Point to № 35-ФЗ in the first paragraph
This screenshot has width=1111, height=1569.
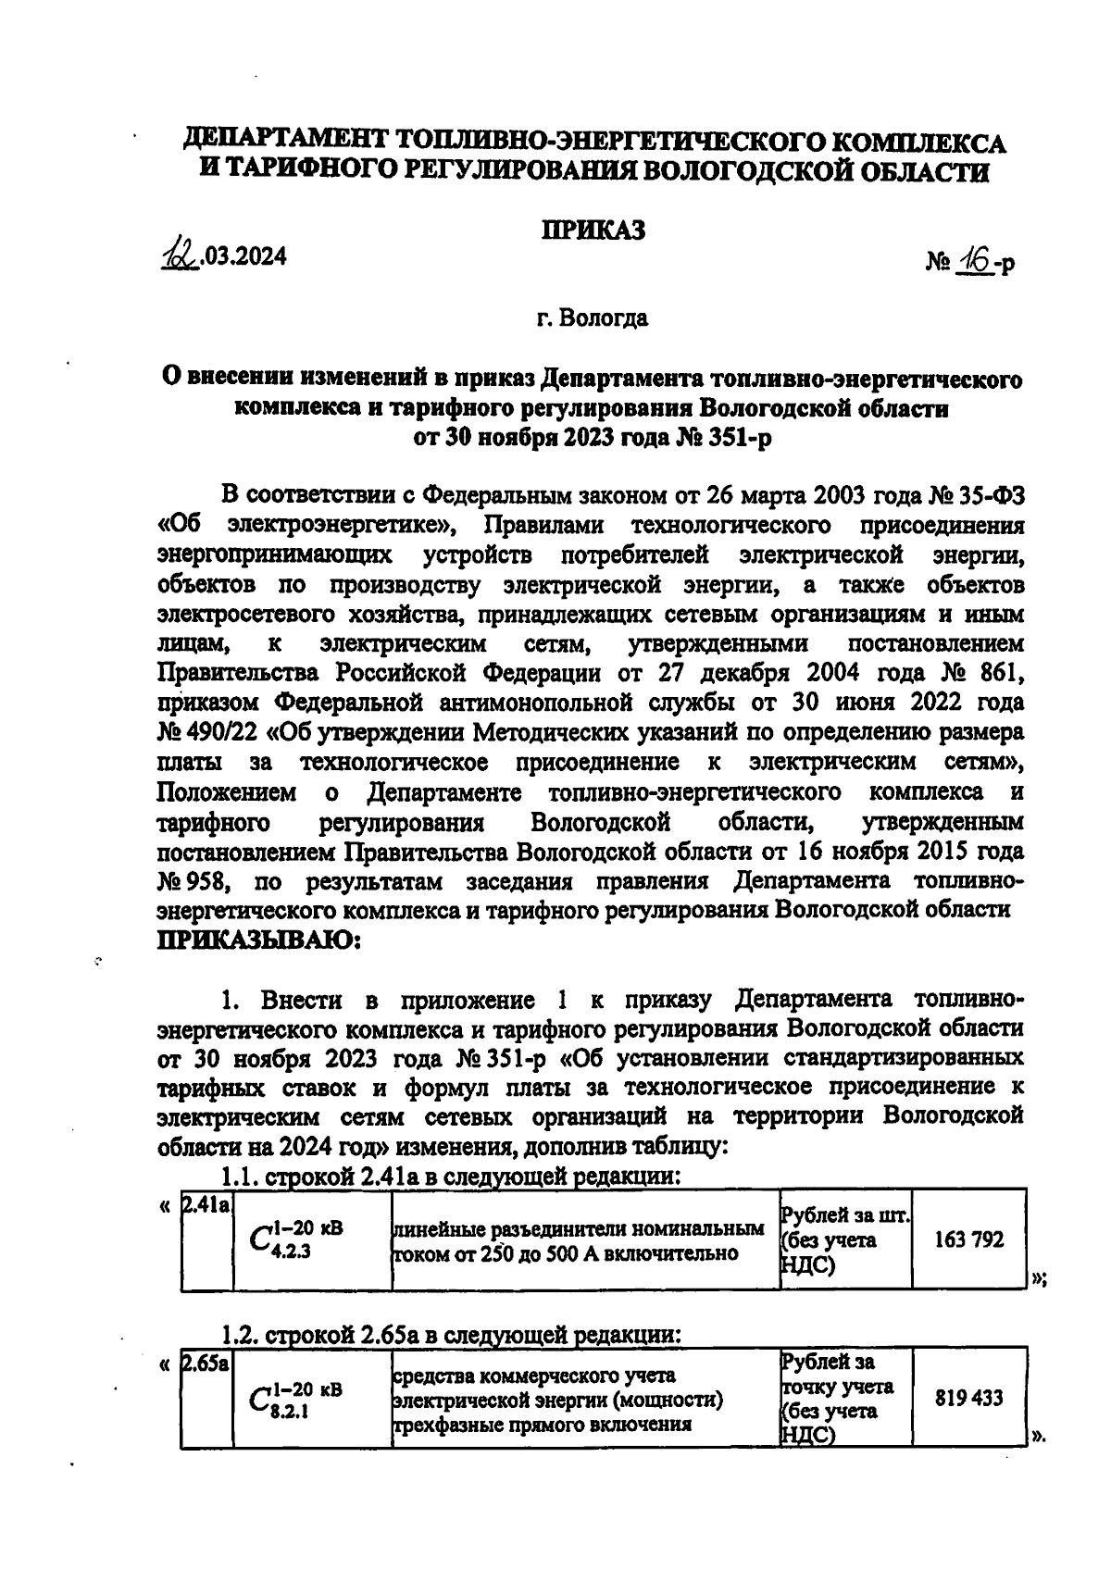click(976, 495)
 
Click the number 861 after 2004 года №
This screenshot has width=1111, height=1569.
click(996, 673)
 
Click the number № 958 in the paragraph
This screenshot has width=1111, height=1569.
click(192, 880)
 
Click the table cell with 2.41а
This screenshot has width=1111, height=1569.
click(206, 1205)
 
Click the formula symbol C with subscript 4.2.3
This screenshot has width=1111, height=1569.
click(296, 1239)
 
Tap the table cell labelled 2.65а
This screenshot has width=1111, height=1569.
click(206, 1364)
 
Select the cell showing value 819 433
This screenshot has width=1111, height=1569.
click(968, 1398)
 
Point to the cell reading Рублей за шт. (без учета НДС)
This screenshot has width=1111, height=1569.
click(844, 1239)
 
